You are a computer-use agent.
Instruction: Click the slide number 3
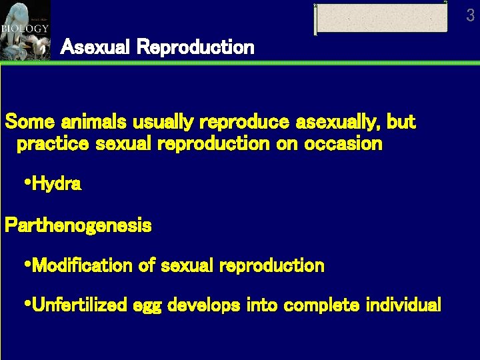pos(471,15)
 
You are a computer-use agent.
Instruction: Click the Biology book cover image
pos(25,30)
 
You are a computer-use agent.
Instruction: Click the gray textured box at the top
pos(381,18)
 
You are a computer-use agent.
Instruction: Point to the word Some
pos(30,122)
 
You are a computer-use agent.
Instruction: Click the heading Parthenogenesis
pos(78,226)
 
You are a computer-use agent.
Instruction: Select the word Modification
pos(82,265)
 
